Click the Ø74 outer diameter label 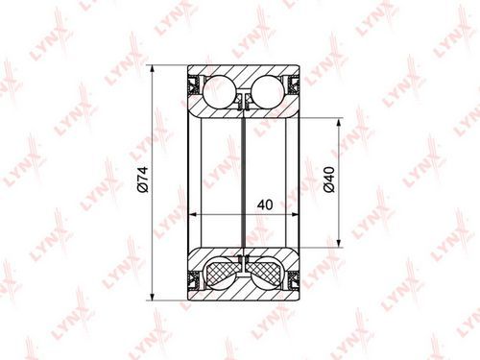pyautogui.click(x=142, y=180)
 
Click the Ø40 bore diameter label pyautogui.click(x=329, y=180)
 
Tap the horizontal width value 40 pyautogui.click(x=265, y=204)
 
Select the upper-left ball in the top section pyautogui.click(x=219, y=91)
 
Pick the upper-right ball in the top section pyautogui.click(x=268, y=91)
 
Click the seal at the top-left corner pyautogui.click(x=195, y=84)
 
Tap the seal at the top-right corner pyautogui.click(x=293, y=84)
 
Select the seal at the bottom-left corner pyautogui.click(x=195, y=280)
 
